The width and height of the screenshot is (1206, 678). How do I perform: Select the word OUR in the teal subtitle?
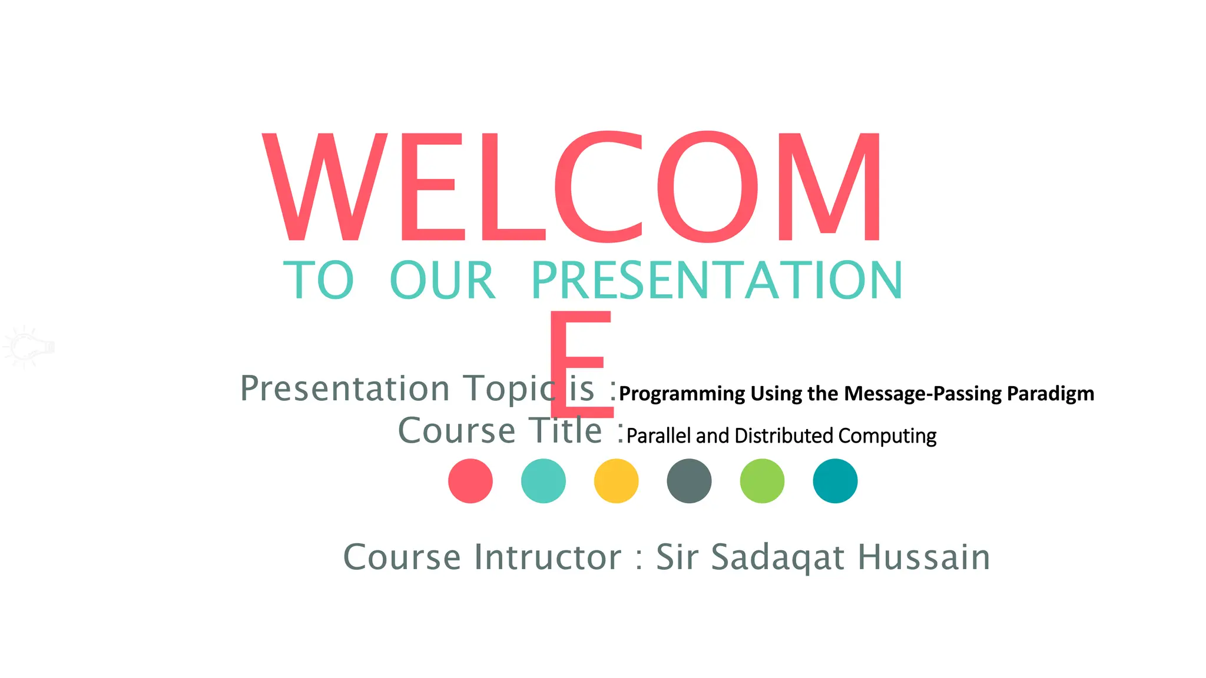pos(443,281)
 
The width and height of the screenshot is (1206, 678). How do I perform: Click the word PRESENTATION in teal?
pos(717,281)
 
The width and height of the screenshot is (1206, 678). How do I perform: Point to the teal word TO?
pos(319,281)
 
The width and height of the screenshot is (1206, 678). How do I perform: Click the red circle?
pos(471,481)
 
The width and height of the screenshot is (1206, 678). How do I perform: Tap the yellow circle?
pos(617,481)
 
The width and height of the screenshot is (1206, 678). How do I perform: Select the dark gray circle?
pos(689,481)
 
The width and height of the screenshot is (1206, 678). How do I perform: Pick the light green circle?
pos(762,481)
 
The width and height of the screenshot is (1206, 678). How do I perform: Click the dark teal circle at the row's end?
pos(835,481)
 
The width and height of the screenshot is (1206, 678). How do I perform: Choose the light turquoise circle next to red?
pos(544,481)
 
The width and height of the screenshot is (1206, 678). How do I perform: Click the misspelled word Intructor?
pos(548,557)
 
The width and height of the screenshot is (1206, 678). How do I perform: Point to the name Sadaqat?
pos(778,557)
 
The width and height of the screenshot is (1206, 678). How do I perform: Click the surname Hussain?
pos(923,557)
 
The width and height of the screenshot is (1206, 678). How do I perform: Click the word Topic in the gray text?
pos(509,389)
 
